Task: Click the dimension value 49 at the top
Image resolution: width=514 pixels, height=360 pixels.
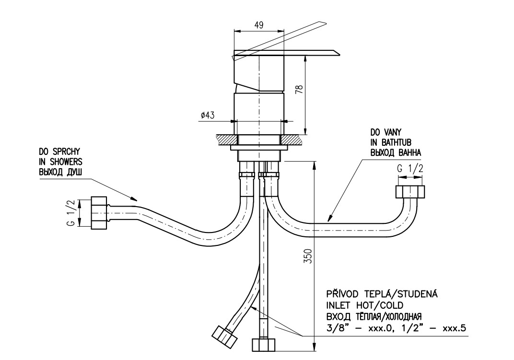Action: click(x=258, y=25)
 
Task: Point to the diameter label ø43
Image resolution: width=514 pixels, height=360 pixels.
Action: click(x=208, y=115)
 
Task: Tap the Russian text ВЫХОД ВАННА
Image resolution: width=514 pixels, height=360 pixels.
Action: click(x=396, y=152)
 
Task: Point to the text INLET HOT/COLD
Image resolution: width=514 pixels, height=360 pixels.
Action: click(x=364, y=305)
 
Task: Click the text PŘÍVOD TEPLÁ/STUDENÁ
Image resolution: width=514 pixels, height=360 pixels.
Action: click(x=383, y=294)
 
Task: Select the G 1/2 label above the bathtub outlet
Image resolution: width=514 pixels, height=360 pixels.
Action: click(x=410, y=169)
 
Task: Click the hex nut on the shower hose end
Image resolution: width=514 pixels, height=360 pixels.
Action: click(x=99, y=212)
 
